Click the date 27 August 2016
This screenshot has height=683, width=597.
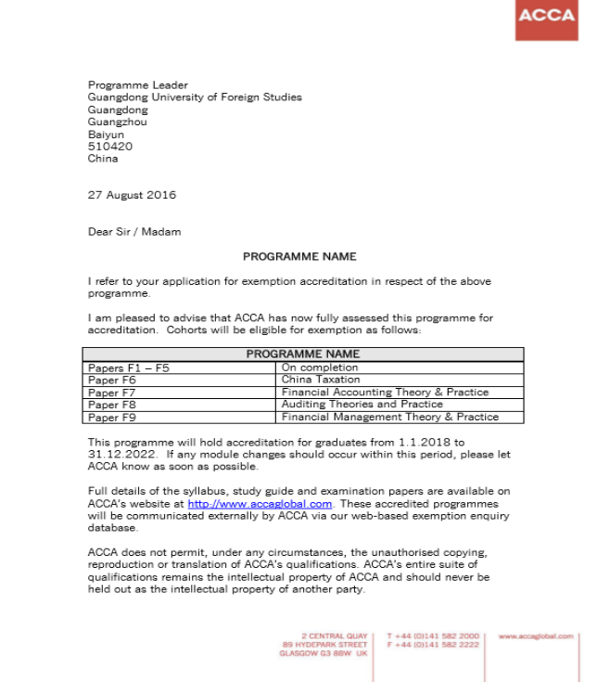(x=132, y=195)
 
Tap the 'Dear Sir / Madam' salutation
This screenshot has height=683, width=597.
(x=134, y=232)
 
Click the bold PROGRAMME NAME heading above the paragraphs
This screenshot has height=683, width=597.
(x=299, y=256)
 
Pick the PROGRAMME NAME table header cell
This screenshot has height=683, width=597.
(x=303, y=354)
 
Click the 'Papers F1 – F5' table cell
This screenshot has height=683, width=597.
(x=129, y=367)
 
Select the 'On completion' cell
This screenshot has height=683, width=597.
(x=320, y=367)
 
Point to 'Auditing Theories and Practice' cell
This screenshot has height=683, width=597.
(x=362, y=405)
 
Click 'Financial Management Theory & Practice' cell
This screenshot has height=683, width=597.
(x=390, y=418)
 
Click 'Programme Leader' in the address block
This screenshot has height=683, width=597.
(x=137, y=85)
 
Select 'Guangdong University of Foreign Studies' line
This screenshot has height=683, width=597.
(x=195, y=97)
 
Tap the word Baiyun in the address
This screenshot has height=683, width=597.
(x=106, y=134)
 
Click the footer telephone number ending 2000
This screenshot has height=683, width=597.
(x=433, y=636)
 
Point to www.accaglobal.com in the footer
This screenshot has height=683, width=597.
(x=535, y=636)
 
